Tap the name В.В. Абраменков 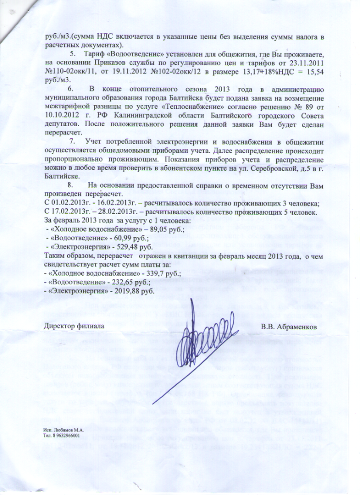[x=289, y=327]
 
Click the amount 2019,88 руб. [x=135, y=291]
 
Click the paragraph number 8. [x=71, y=186]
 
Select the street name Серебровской [x=254, y=168]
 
